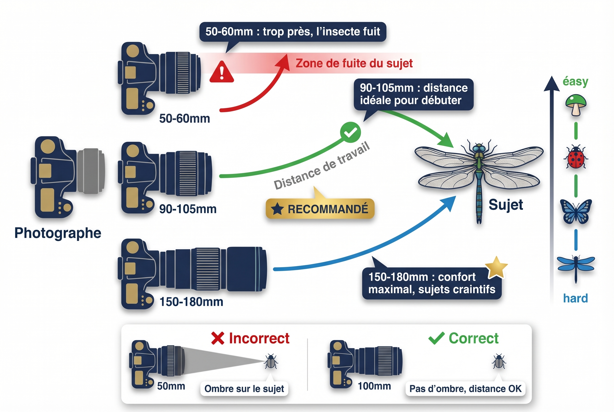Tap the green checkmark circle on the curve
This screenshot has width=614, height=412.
[x=350, y=132]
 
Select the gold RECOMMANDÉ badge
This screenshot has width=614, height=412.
[x=320, y=209]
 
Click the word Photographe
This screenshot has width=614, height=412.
[x=58, y=233]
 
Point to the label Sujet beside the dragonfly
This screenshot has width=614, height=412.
[x=505, y=205]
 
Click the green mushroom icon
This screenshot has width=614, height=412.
[x=576, y=104]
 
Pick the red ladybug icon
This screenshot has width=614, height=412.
[x=576, y=157]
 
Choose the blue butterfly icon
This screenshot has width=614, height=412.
[x=576, y=212]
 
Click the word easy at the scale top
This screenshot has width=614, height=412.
[x=575, y=81]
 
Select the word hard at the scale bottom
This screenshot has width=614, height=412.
[x=575, y=299]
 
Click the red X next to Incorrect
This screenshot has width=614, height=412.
[x=218, y=338]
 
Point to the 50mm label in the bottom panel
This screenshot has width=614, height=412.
[x=171, y=386]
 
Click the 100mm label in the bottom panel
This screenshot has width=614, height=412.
[x=374, y=386]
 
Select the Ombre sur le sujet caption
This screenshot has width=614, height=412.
[x=244, y=389]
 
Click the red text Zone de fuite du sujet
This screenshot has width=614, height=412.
[x=354, y=63]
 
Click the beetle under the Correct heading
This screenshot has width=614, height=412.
[x=499, y=362]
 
